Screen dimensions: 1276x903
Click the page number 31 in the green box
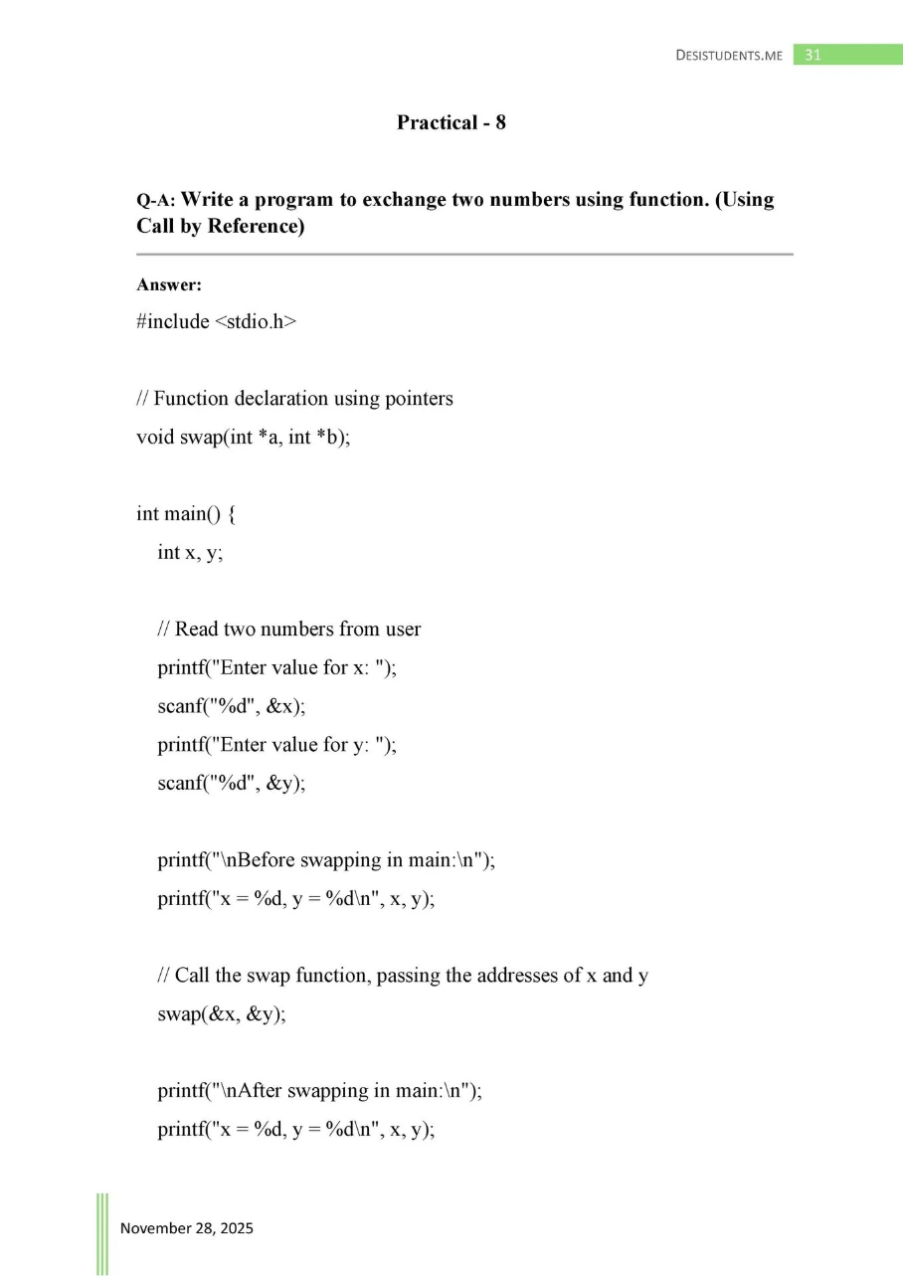pyautogui.click(x=813, y=55)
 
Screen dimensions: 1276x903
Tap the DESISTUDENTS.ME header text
pyautogui.click(x=728, y=56)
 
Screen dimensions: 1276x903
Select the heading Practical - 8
pyautogui.click(x=451, y=122)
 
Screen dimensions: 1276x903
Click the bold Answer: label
pyautogui.click(x=169, y=285)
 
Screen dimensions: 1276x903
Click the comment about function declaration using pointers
pyautogui.click(x=294, y=398)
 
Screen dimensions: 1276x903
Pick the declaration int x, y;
pyautogui.click(x=190, y=552)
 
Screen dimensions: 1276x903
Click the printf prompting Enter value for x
pyautogui.click(x=276, y=667)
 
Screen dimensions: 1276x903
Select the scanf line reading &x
pyautogui.click(x=231, y=706)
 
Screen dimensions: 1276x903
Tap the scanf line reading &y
pyautogui.click(x=231, y=783)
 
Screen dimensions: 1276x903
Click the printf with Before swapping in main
pyautogui.click(x=325, y=860)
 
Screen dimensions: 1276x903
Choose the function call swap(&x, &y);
pyautogui.click(x=221, y=1014)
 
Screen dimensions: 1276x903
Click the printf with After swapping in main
pyautogui.click(x=319, y=1090)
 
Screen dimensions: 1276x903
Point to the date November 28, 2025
pyautogui.click(x=187, y=1227)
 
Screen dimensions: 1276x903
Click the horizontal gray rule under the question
pyautogui.click(x=464, y=255)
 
